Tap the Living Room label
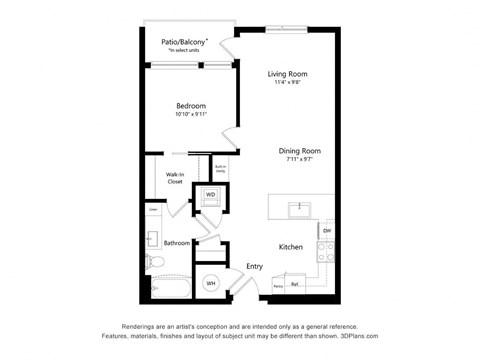point(286,74)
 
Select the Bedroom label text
point(191,106)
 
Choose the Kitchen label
point(291,246)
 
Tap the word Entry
point(255,265)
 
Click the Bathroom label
point(178,242)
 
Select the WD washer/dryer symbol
point(211,195)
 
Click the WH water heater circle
point(211,284)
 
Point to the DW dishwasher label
point(326,231)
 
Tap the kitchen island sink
point(298,209)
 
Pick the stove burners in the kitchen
point(326,251)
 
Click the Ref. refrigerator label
point(295,285)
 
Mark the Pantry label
point(277,286)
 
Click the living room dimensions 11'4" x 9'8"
point(286,83)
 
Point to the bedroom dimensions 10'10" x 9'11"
point(191,116)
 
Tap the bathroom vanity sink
point(153,239)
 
